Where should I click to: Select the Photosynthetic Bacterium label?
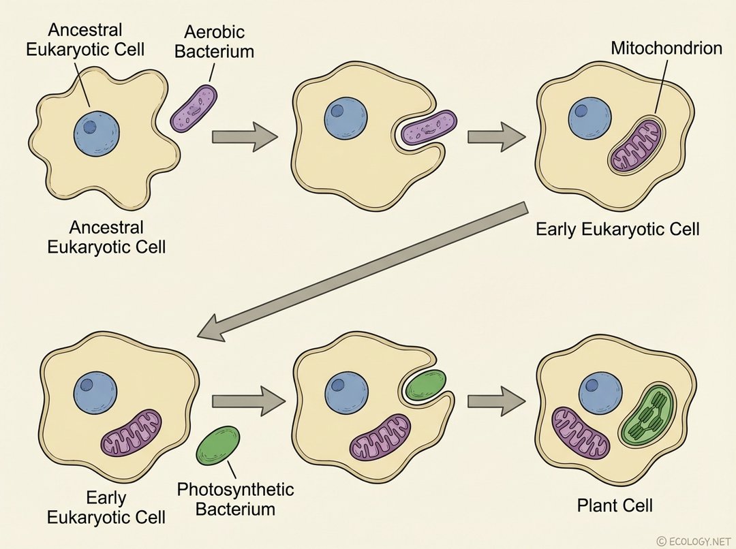[x=235, y=499]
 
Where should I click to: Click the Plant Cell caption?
[x=615, y=505]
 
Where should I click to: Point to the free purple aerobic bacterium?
[x=194, y=108]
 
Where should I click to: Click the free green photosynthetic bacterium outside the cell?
[x=218, y=445]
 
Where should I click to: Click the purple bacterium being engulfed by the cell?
[x=429, y=127]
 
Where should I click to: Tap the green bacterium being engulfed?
[x=425, y=386]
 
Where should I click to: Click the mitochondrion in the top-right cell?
[x=635, y=147]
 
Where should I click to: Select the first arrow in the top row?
[x=245, y=136]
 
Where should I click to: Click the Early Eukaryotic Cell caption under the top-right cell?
[x=617, y=229]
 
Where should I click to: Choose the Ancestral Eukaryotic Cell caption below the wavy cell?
[x=106, y=236]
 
